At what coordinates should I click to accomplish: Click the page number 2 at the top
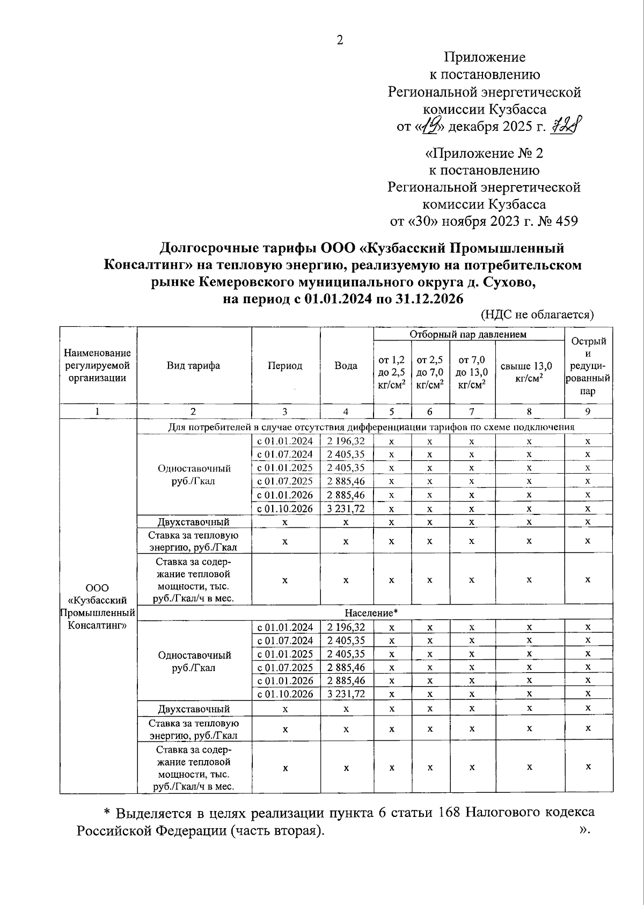(339, 40)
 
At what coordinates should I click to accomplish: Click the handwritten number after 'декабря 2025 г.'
(568, 127)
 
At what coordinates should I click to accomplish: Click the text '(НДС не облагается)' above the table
(537, 314)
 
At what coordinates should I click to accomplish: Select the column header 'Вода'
(346, 366)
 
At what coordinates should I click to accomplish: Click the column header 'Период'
(285, 366)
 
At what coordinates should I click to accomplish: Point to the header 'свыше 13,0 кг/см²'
(529, 372)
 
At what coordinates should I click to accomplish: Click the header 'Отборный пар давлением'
(468, 334)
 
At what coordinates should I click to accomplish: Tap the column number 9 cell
(588, 411)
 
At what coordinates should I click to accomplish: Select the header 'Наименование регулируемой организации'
(98, 365)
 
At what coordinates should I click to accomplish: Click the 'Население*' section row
(371, 613)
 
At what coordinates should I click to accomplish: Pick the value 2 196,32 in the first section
(346, 441)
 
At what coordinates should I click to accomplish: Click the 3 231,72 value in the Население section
(346, 694)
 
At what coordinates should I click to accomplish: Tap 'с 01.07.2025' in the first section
(285, 481)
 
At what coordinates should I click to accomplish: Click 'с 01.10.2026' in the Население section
(285, 694)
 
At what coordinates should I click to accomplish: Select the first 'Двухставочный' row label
(194, 521)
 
